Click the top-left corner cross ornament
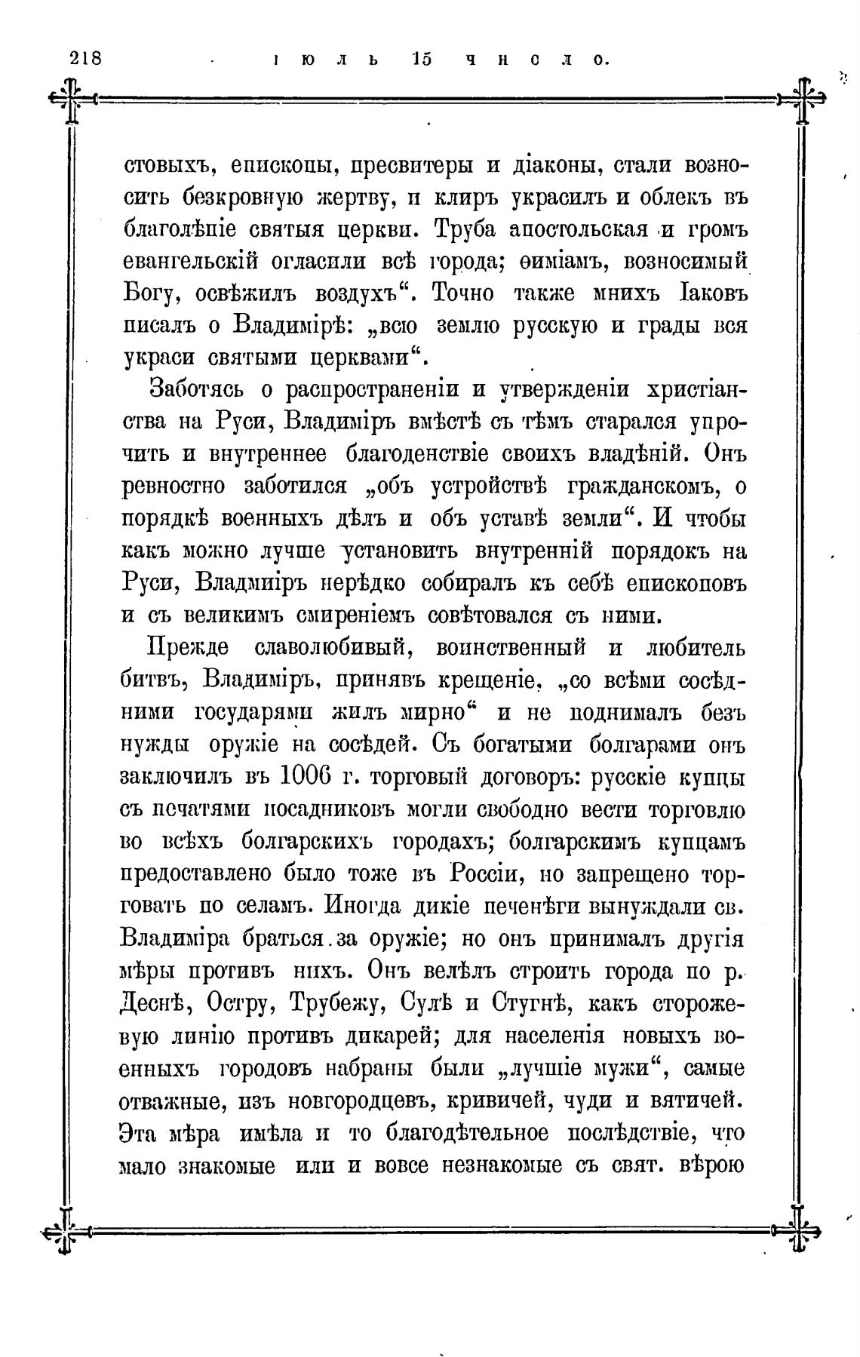[71, 98]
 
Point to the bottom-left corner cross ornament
[66, 1231]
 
